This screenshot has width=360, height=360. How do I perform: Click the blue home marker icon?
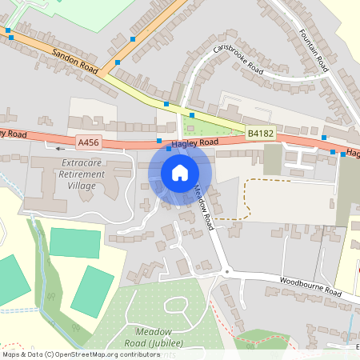tap(180, 172)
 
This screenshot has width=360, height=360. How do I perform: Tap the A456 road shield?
tap(88, 142)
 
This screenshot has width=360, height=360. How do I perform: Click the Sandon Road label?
tap(74, 59)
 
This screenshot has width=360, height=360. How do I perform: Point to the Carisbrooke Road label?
tap(238, 58)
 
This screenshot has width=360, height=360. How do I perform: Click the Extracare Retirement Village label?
tap(83, 174)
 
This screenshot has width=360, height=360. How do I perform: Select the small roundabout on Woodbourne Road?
tap(226, 272)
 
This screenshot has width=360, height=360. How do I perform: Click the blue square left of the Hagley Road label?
tap(158, 142)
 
